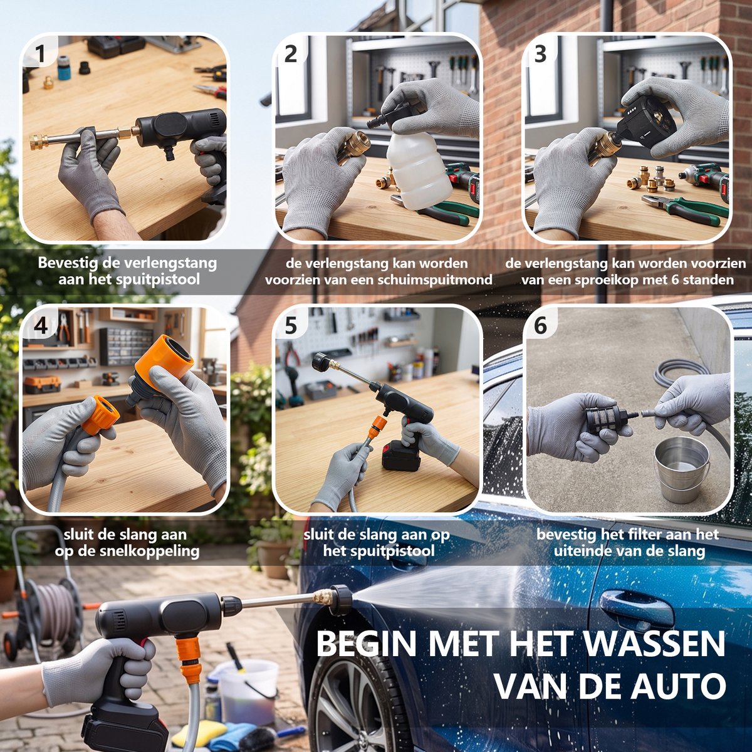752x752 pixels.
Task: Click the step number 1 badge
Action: pyautogui.click(x=40, y=54)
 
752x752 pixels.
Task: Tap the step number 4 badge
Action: pyautogui.click(x=40, y=325)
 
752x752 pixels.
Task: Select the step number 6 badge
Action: pyautogui.click(x=540, y=325)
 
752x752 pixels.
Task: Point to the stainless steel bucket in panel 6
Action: pyautogui.click(x=681, y=469)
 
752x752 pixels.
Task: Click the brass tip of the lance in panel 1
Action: pyautogui.click(x=39, y=142)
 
